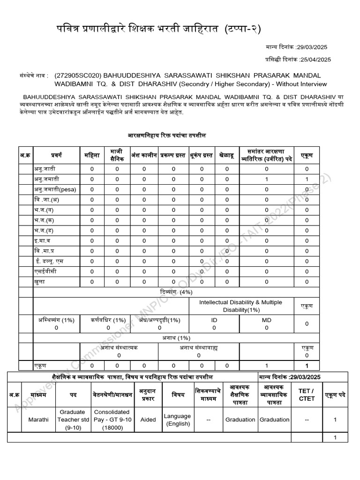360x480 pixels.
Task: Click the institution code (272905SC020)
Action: click(x=78, y=75)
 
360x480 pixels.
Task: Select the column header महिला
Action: click(x=92, y=155)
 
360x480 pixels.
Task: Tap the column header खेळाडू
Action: click(x=227, y=155)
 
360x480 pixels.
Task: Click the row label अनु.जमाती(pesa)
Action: click(x=55, y=189)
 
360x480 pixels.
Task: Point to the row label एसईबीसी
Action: click(x=45, y=271)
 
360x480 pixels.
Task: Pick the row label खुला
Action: click(x=39, y=282)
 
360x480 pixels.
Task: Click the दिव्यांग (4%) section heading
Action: click(x=173, y=292)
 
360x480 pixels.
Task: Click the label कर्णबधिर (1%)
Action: click(x=108, y=320)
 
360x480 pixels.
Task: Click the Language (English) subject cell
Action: click(x=177, y=420)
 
